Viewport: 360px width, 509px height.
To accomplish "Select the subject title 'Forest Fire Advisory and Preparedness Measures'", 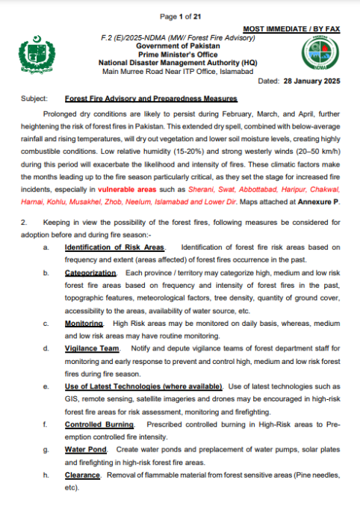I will tap(151, 99).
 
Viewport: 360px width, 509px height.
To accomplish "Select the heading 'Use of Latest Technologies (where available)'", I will tap(143, 386).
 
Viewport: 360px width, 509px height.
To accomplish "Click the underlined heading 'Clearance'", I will tap(81, 475).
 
